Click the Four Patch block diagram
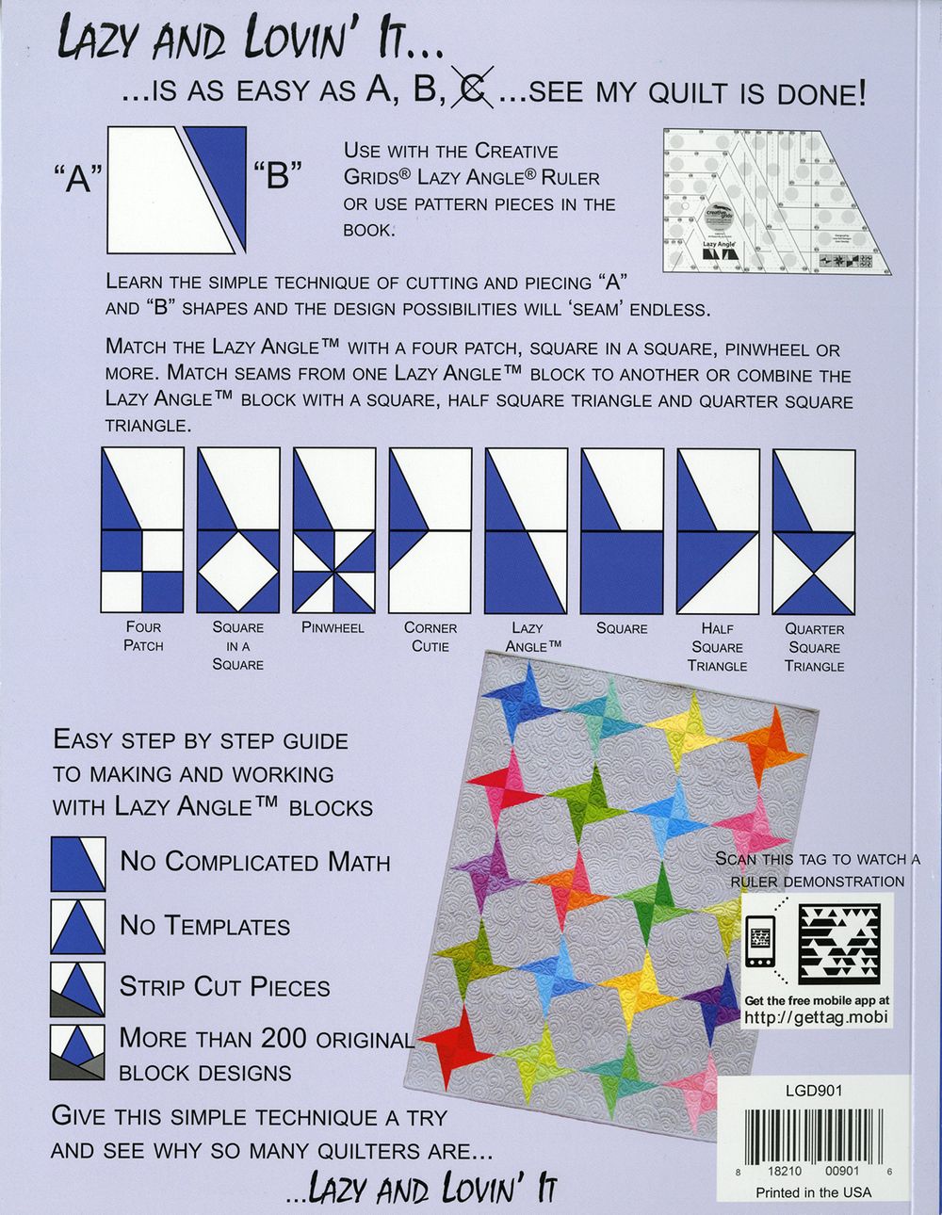[142, 530]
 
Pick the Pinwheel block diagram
[334, 530]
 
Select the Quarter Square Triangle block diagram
[814, 530]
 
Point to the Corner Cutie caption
[430, 637]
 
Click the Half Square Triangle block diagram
[718, 530]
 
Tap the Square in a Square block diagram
[238, 530]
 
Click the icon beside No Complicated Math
[78, 864]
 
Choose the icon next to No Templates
[78, 927]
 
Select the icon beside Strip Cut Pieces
[78, 988]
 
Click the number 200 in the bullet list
[279, 1038]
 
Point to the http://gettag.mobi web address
[816, 1017]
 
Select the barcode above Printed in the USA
[814, 1138]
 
